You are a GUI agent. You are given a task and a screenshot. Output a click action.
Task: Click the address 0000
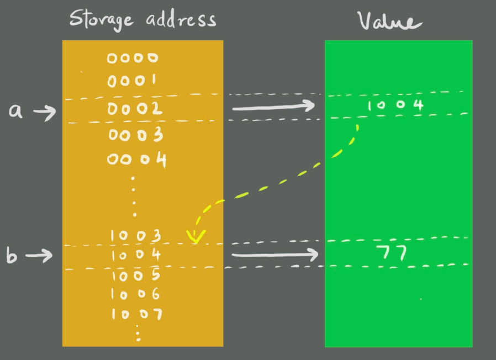(x=133, y=58)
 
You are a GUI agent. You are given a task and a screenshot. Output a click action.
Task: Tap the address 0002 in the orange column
(x=135, y=109)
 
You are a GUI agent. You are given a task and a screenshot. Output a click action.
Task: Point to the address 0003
(x=135, y=135)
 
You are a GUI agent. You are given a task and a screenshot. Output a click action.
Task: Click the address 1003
(x=136, y=236)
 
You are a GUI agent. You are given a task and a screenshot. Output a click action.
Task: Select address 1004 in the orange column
(x=136, y=256)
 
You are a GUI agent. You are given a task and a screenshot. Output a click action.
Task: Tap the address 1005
(x=136, y=275)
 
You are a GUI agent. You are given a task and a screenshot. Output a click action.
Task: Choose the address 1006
(x=136, y=294)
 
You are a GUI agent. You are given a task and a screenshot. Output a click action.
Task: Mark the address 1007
(x=136, y=315)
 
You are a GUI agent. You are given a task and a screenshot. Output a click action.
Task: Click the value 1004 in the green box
(x=395, y=105)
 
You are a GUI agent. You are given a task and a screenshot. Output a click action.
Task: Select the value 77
(x=392, y=253)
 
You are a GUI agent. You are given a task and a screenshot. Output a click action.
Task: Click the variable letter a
(x=17, y=111)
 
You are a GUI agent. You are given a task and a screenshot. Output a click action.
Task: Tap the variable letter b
(x=12, y=256)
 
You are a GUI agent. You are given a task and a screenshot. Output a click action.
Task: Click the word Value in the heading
(x=389, y=21)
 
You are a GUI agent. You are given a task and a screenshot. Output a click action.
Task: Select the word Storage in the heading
(x=102, y=19)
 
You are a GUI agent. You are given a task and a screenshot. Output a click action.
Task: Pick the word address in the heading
(x=181, y=19)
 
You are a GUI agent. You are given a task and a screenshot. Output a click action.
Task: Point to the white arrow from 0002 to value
(x=273, y=107)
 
